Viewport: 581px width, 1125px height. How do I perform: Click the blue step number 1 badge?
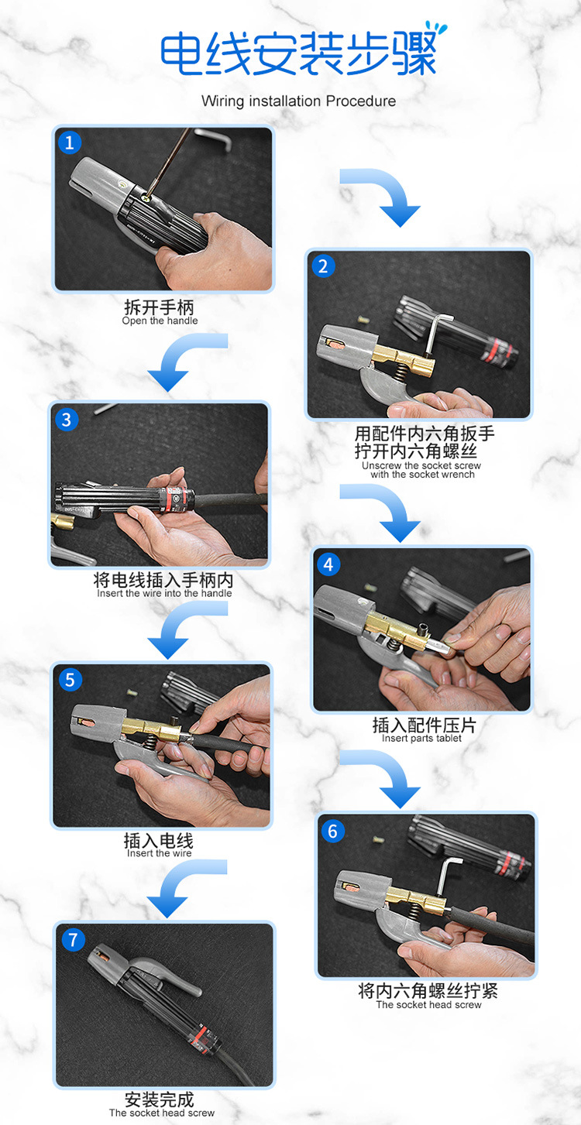70,142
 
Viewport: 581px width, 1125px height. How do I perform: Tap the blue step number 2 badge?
323,266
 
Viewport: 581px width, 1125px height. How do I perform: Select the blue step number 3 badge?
67,420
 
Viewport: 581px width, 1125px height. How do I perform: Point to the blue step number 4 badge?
328,564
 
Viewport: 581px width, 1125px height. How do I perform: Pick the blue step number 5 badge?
70,680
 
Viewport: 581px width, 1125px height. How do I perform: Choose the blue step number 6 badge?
332,832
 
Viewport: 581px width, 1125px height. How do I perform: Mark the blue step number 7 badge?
73,939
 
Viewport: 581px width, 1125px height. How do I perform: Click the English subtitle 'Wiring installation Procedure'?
298,101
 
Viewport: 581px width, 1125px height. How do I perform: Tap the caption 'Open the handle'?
160,321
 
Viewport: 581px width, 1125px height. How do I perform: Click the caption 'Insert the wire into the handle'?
164,593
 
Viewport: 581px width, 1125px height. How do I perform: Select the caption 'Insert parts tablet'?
421,739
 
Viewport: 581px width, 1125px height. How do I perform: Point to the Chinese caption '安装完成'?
160,1099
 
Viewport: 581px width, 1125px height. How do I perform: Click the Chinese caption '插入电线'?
159,841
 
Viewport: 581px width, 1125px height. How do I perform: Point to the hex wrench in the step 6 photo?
446,876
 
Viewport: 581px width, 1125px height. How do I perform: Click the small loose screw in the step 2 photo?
363,319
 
